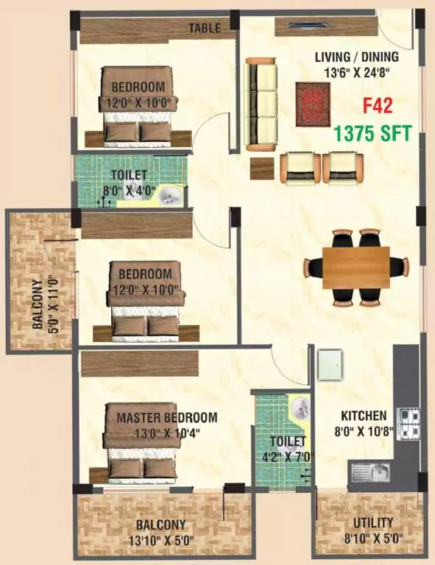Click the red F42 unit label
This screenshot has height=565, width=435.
click(377, 107)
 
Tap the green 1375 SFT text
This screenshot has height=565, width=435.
click(372, 133)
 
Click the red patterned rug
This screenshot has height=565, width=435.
click(313, 104)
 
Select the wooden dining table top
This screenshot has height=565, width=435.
click(356, 267)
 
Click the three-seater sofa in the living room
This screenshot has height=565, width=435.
click(261, 104)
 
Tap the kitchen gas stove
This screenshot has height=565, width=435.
click(409, 424)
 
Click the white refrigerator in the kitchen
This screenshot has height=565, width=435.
click(330, 364)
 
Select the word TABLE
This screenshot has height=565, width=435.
click(205, 28)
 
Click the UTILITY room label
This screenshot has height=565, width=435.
click(373, 523)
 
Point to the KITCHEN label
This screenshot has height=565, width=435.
click(364, 416)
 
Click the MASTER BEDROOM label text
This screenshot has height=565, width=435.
click(167, 418)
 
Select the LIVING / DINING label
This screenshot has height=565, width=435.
click(357, 57)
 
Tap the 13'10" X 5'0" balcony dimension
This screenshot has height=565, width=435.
click(160, 540)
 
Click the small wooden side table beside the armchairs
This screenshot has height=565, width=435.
click(262, 168)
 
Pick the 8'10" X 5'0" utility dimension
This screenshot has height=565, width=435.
click(373, 539)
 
